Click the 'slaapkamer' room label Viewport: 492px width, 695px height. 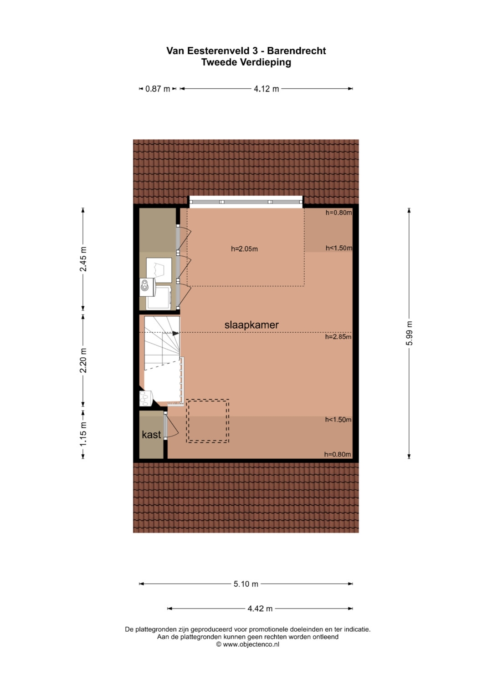point(251,325)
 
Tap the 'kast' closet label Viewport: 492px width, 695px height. point(151,434)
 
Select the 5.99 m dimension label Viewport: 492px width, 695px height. point(410,333)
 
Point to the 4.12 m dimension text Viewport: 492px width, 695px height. point(266,89)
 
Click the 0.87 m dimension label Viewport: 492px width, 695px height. point(158,89)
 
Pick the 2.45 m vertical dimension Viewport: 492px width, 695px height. point(83,259)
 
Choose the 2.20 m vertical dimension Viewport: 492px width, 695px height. point(83,360)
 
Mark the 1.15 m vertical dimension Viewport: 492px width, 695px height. point(83,434)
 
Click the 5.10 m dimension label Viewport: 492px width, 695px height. point(246,584)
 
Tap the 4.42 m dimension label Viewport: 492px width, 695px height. point(260,609)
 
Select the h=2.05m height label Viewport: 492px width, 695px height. point(244,249)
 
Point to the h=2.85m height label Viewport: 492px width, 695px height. point(338,337)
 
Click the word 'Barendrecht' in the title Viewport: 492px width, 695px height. point(297,51)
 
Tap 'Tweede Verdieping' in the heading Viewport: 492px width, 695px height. point(246,62)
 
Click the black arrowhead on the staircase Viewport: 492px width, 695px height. point(175,333)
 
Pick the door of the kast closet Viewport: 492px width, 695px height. point(171,425)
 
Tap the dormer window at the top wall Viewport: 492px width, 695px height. point(246,202)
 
